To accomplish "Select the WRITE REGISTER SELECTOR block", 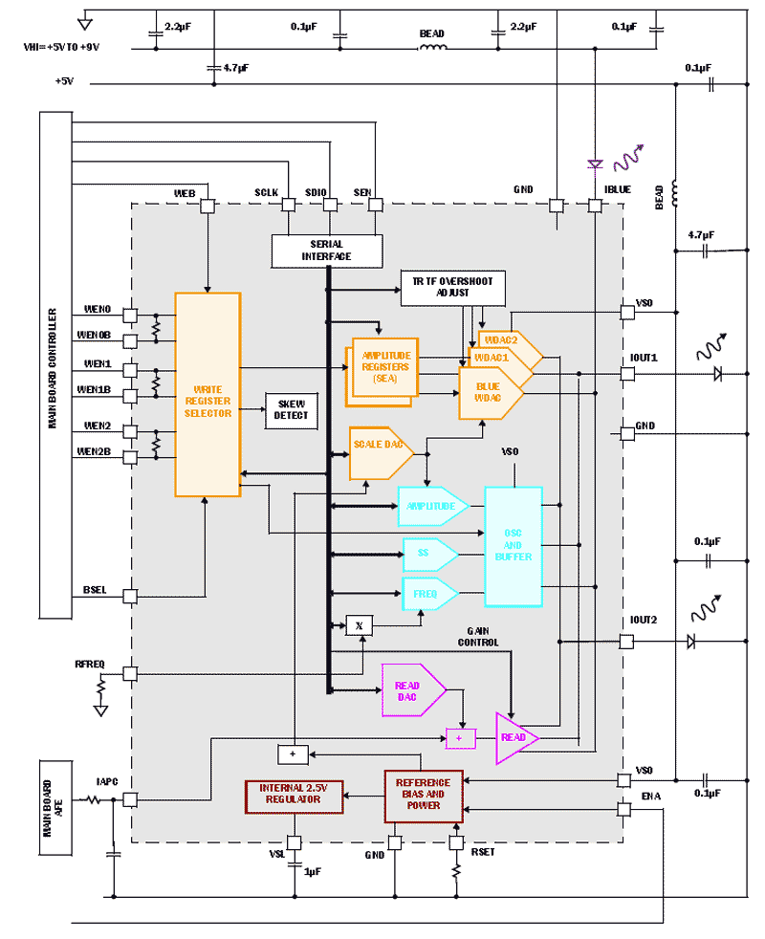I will pos(207,394).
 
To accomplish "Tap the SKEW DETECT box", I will pos(291,410).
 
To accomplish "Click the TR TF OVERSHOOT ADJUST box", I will pos(452,287).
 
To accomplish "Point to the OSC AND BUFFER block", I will pos(513,546).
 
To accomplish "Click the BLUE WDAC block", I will pos(488,392).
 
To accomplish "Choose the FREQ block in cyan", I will pos(427,594).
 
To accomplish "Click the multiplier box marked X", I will pos(359,625).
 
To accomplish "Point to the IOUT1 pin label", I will pos(644,357).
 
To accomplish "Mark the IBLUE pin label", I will pos(617,189).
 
